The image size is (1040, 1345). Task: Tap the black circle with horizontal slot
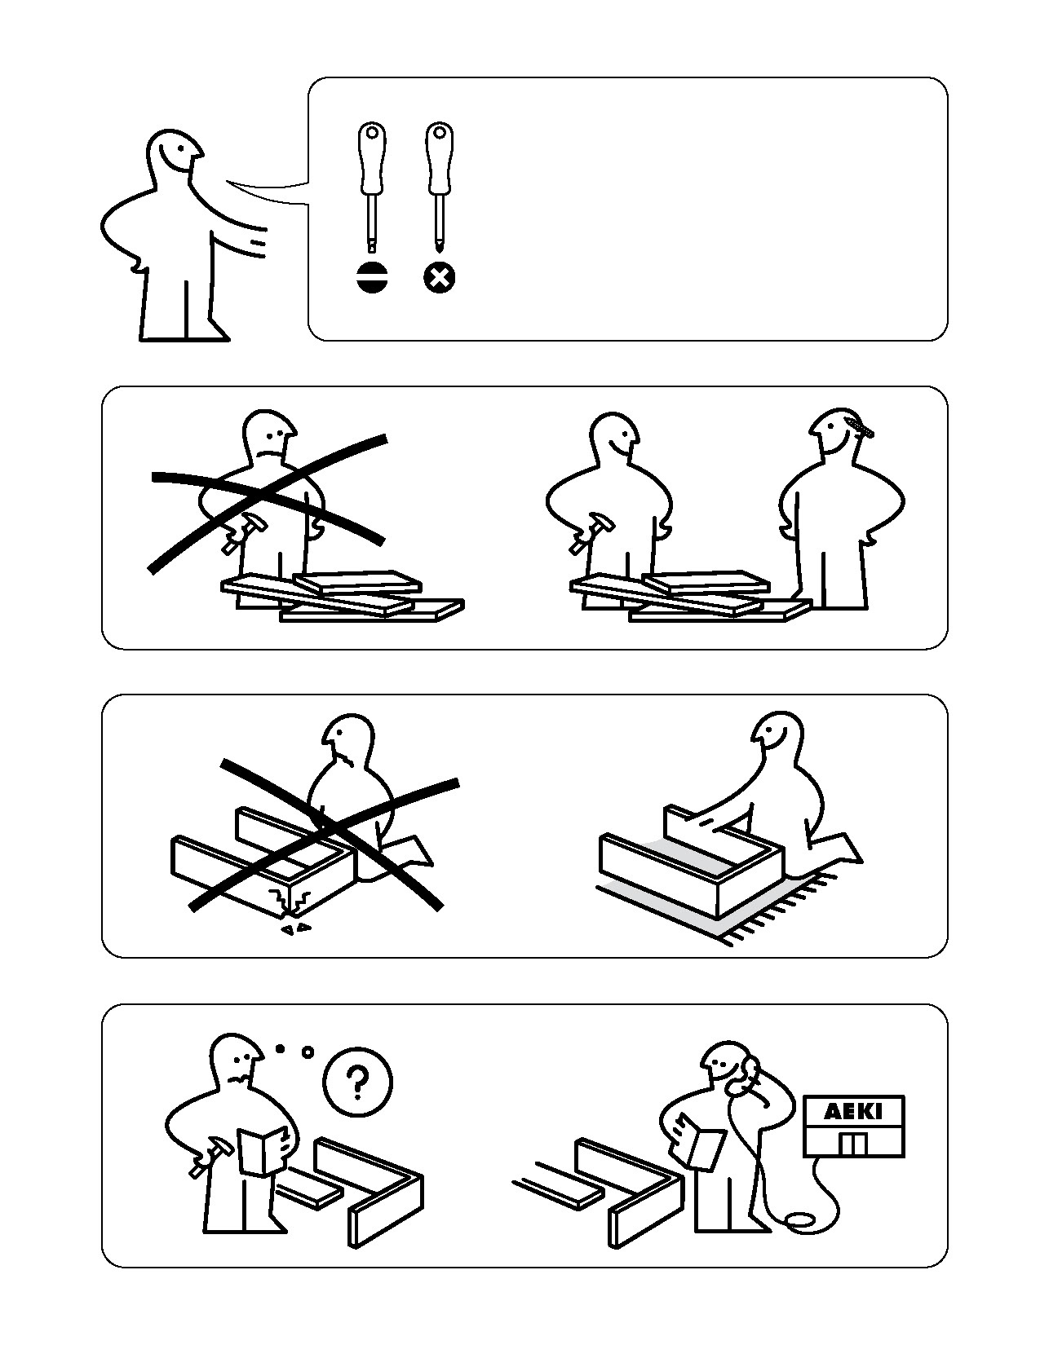pyautogui.click(x=372, y=277)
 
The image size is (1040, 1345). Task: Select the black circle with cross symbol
pyautogui.click(x=439, y=277)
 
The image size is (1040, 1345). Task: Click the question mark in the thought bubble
pyautogui.click(x=357, y=1083)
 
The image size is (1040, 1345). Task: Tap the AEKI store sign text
pyautogui.click(x=853, y=1112)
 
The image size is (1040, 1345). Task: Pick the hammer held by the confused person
pyautogui.click(x=210, y=1156)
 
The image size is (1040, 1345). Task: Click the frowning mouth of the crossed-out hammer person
pyautogui.click(x=268, y=455)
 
